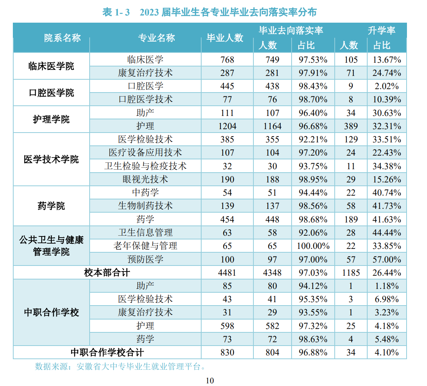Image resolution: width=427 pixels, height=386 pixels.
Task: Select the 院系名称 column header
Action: pos(62,38)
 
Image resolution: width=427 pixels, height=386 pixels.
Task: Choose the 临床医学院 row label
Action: pos(51,66)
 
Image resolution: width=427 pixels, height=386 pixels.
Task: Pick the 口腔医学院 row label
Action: pos(51,93)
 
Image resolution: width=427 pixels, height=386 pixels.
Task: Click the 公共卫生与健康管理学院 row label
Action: pos(51,246)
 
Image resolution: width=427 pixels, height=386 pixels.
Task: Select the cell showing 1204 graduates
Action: pos(227,126)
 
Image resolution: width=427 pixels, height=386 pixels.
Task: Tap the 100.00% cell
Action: pos(313,246)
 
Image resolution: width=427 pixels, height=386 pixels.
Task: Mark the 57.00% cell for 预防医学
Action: pos(387,259)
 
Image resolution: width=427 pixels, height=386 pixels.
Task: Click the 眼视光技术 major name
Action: pos(145,179)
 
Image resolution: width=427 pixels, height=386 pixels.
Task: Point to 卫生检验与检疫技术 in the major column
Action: pos(145,166)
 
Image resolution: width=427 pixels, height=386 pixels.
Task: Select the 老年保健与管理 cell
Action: pos(145,246)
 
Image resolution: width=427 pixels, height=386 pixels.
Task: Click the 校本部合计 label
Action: pos(107,273)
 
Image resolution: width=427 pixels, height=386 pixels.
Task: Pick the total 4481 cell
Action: pos(227,273)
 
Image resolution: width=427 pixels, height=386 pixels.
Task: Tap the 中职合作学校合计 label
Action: pos(107,352)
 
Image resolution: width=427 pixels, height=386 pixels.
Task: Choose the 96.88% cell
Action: pos(313,352)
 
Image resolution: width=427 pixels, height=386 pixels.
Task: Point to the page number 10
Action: pos(210,380)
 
